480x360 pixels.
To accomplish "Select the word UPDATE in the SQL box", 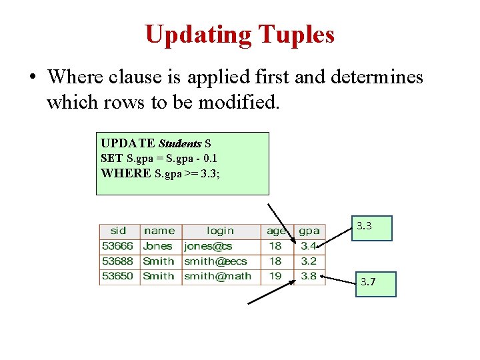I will coord(127,143).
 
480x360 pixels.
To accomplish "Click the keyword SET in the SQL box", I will coord(111,158).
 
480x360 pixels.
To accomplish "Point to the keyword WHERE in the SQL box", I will coord(125,173).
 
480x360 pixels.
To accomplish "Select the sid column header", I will coord(118,231).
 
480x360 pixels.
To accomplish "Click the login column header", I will coord(220,231).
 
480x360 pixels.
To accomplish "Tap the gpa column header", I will coord(309,231).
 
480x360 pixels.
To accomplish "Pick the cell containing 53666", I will coord(119,246).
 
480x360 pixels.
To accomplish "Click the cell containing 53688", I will coord(119,261).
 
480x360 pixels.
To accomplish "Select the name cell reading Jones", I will coord(159,246).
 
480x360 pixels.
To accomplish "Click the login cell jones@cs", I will coord(208,246).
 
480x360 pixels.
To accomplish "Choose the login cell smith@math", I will coord(217,276).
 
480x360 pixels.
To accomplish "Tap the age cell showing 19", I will coord(275,276).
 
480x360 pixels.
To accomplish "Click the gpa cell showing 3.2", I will coord(309,261).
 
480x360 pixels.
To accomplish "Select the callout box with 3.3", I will coord(373,227).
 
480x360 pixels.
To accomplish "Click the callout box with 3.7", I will coord(375,283).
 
